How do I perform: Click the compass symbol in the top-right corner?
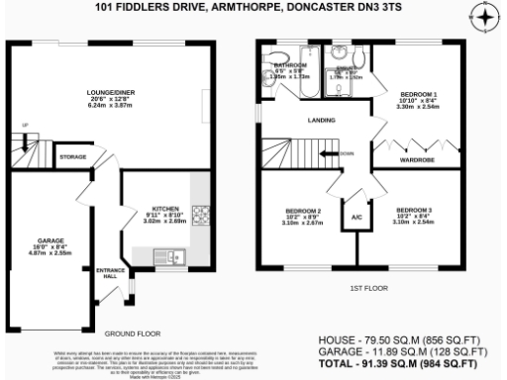[484, 17]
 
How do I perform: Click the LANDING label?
[319, 122]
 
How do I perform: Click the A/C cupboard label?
[355, 217]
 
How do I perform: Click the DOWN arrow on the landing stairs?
[344, 153]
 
